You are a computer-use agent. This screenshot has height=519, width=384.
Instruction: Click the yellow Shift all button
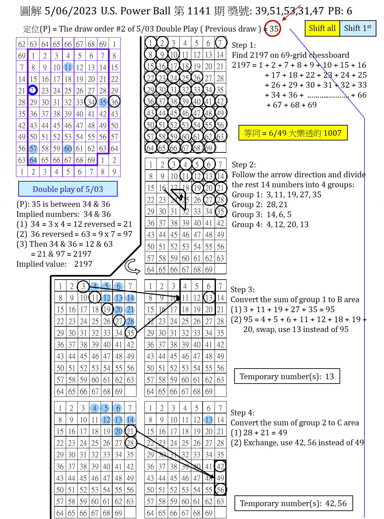322,28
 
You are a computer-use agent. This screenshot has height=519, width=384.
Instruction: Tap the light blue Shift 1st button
358,28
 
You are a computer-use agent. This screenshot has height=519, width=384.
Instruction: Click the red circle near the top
272,28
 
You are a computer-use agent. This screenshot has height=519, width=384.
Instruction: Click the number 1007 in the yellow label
332,133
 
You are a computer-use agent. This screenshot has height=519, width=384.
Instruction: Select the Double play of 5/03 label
68,189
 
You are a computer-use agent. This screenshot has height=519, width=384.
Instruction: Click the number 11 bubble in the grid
68,67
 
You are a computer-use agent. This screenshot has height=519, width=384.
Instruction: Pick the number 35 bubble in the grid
103,102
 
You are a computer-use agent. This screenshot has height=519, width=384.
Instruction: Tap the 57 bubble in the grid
33,149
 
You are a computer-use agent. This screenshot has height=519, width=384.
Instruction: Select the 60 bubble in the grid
68,149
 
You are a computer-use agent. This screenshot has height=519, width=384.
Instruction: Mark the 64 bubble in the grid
33,160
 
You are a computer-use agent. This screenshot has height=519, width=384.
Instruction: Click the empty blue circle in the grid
33,90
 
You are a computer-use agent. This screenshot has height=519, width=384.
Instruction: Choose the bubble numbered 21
130,310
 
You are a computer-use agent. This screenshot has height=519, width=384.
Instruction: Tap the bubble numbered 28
130,321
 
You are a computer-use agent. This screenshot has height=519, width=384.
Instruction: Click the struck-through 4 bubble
95,286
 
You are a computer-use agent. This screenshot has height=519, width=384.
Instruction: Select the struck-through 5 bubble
106,286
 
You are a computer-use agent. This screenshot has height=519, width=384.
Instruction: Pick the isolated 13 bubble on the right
208,420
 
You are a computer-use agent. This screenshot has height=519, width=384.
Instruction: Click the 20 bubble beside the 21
118,310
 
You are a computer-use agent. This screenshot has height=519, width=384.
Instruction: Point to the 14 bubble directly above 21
130,298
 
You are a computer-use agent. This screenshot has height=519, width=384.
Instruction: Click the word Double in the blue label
45,189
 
